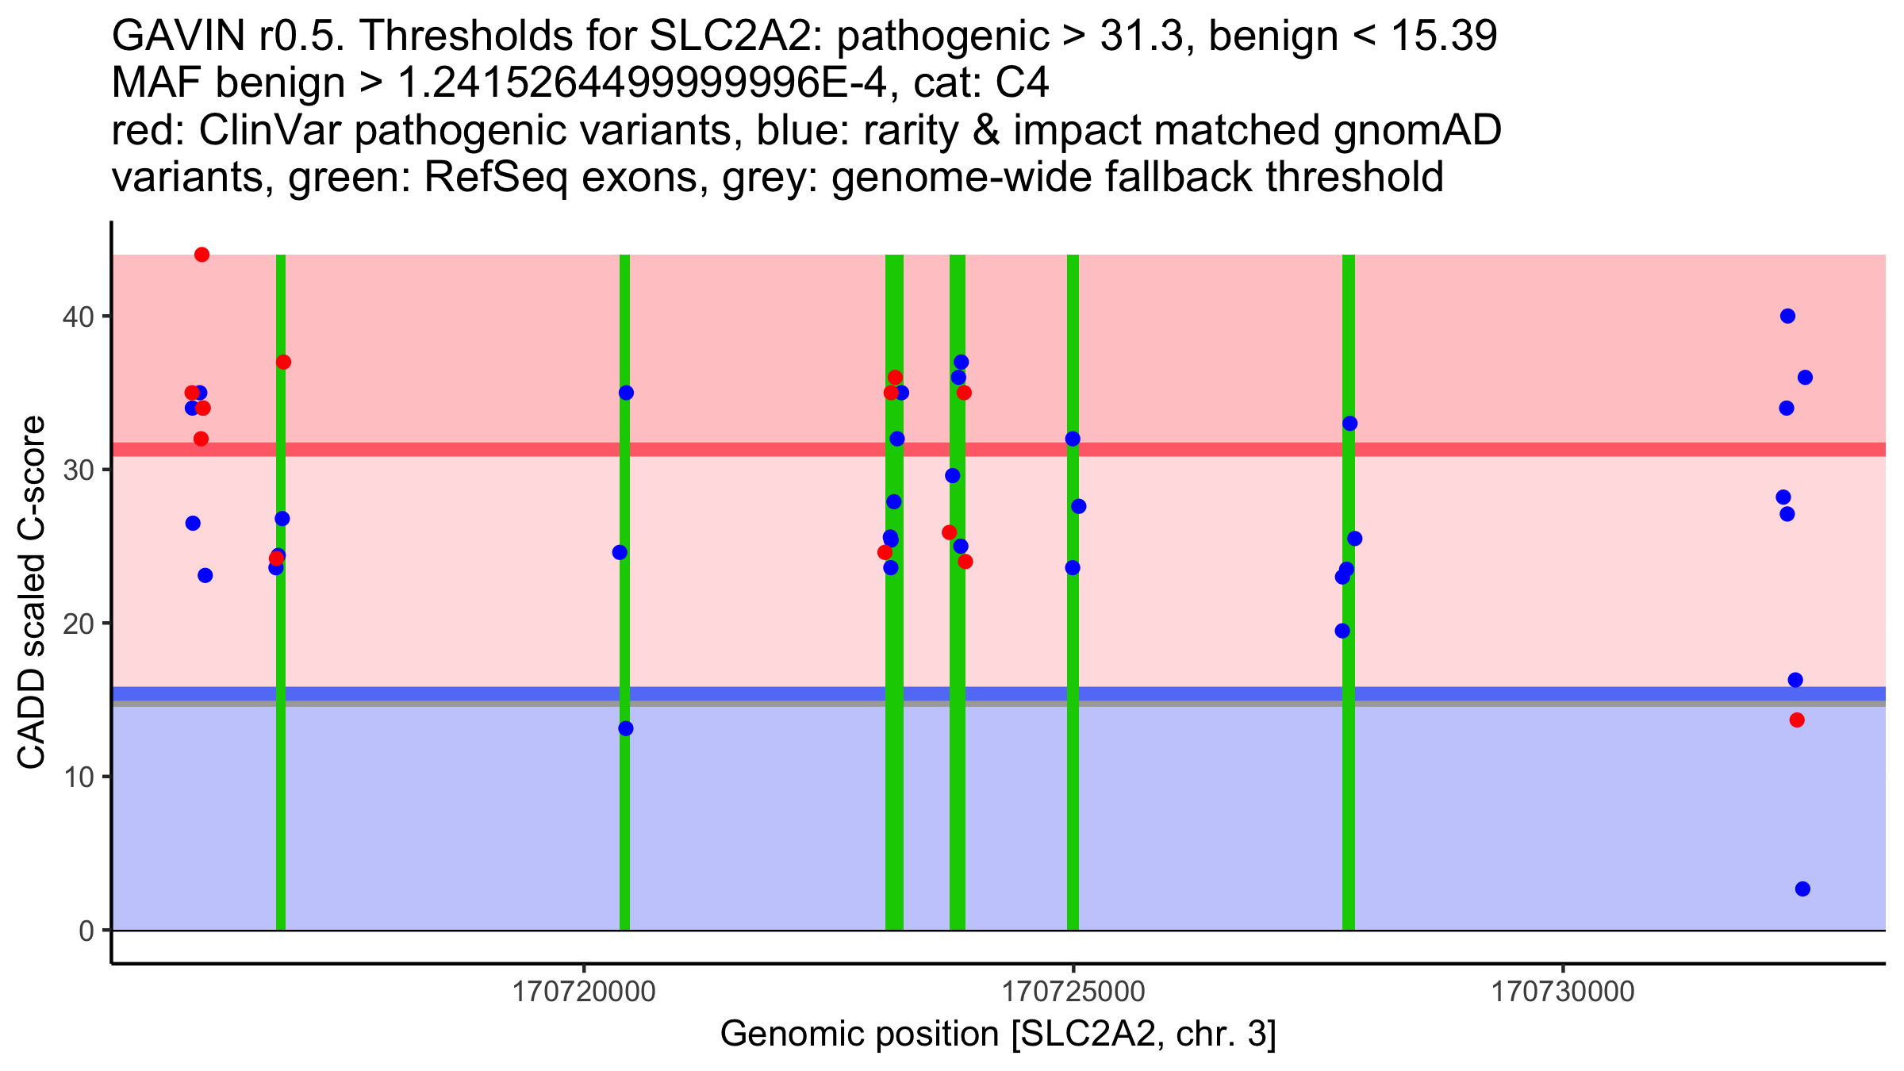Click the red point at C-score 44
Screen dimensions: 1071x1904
tap(202, 255)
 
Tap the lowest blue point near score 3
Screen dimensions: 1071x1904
tap(1802, 889)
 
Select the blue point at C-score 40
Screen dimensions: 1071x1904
tap(1787, 316)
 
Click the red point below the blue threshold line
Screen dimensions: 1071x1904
tap(1797, 720)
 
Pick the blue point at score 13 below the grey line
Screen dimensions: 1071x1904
tap(626, 728)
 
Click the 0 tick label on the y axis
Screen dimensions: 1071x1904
tap(86, 931)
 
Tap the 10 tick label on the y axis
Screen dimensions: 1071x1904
tap(78, 777)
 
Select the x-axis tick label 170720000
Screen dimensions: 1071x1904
tap(585, 992)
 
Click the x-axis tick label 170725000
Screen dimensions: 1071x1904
tap(1074, 992)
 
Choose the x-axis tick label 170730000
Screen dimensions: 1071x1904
tap(1564, 992)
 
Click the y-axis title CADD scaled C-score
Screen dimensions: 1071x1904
tap(32, 593)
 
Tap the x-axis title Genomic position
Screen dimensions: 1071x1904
tap(998, 1035)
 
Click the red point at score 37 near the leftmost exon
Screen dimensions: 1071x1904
tap(283, 362)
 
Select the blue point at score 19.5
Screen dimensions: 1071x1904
tap(1342, 631)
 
